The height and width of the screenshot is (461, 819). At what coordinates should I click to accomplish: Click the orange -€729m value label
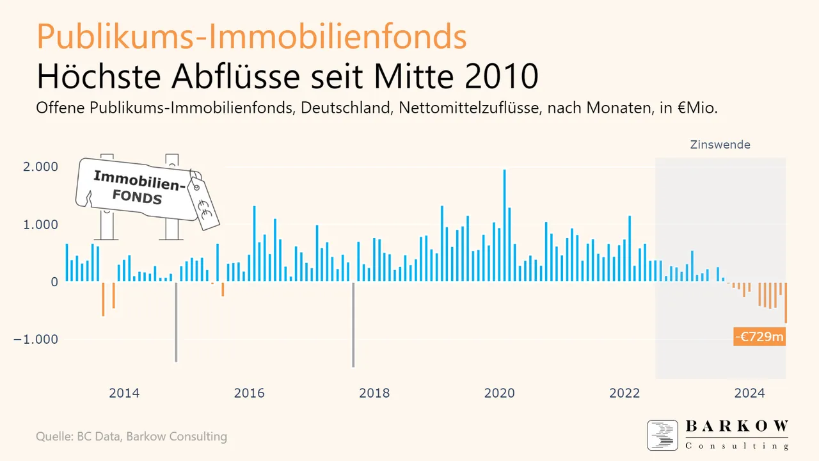click(x=759, y=337)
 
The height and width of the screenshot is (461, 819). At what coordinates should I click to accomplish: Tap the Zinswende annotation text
click(x=720, y=145)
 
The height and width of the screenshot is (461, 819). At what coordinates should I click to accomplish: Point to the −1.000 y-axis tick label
click(x=36, y=339)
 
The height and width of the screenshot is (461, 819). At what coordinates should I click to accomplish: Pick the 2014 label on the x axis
click(x=124, y=393)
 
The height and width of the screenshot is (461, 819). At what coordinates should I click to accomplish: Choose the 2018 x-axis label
click(x=374, y=393)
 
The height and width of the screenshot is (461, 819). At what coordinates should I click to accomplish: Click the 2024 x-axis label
click(x=749, y=393)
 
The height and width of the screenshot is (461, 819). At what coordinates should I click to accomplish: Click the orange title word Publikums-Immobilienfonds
click(x=251, y=37)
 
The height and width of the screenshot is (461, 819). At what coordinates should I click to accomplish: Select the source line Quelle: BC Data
click(x=131, y=437)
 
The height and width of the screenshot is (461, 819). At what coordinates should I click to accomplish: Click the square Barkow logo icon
click(x=662, y=435)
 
